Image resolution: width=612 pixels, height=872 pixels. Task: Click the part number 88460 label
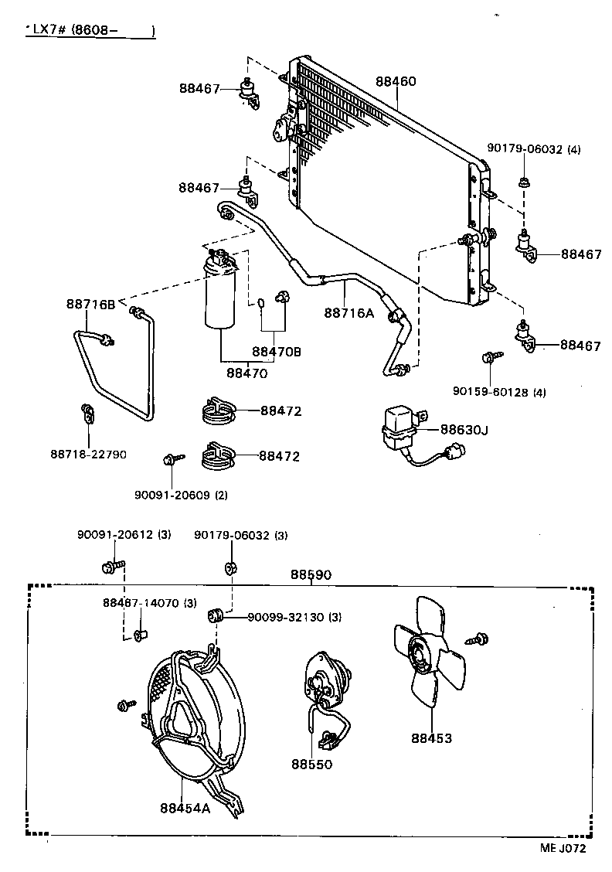396,81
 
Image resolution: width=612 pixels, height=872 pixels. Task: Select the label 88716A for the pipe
348,312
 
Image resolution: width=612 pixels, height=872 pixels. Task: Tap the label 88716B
90,305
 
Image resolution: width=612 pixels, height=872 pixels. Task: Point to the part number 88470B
277,352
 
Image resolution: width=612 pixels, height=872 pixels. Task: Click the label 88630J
464,429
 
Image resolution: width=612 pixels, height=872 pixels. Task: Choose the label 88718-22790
88,455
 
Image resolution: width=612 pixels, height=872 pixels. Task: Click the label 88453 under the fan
431,738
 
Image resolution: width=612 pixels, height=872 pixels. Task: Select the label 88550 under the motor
311,764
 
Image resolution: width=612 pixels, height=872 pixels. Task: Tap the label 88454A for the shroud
185,808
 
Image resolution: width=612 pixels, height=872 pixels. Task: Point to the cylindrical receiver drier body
221,298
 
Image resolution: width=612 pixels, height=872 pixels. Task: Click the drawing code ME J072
563,848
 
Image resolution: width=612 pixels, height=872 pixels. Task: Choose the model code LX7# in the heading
48,30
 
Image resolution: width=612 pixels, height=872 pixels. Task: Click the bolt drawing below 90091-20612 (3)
109,568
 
